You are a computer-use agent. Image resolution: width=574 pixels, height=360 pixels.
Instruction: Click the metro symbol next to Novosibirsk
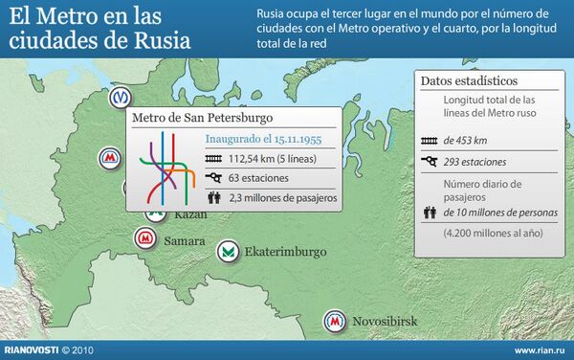click(x=335, y=321)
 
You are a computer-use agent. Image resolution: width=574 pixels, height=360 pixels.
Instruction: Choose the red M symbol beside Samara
click(x=146, y=237)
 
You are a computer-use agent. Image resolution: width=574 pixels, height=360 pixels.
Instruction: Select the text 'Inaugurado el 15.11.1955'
click(x=262, y=139)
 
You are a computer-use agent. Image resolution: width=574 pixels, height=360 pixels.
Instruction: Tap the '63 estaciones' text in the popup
click(x=261, y=178)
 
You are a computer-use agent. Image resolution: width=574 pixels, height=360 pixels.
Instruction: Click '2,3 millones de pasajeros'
click(x=282, y=198)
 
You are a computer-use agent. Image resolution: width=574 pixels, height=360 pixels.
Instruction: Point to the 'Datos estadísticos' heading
click(x=469, y=80)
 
